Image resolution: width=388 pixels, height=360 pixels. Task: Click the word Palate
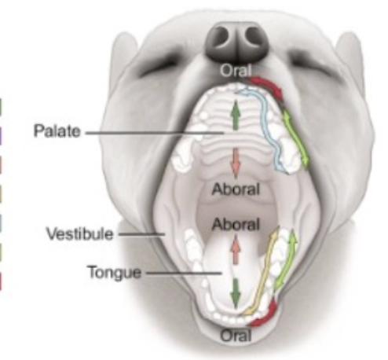(57, 130)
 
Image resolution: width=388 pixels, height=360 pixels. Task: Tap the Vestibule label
(80, 233)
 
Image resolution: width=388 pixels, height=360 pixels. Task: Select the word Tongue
(115, 273)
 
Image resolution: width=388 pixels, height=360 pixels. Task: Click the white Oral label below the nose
(236, 71)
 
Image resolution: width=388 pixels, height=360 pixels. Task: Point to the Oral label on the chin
(236, 336)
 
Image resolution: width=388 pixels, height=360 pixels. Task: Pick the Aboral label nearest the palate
(236, 189)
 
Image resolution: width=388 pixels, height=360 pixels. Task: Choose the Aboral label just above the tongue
(236, 225)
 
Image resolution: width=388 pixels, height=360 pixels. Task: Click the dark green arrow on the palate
(236, 115)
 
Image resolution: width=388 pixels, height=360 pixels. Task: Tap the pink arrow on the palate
(236, 163)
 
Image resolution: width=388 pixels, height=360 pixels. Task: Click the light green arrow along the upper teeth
(295, 138)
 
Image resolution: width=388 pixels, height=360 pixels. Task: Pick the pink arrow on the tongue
(236, 249)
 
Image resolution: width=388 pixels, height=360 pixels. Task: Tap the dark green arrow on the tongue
(236, 293)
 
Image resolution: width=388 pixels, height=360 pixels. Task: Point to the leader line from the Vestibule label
(141, 234)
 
